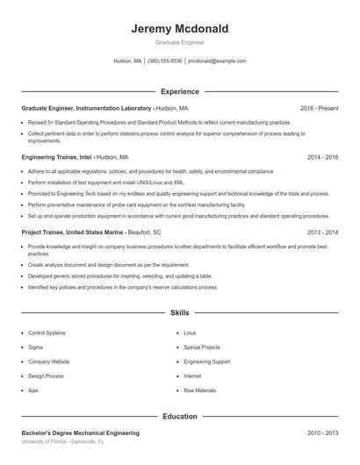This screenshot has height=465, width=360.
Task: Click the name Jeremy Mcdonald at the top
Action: pyautogui.click(x=179, y=29)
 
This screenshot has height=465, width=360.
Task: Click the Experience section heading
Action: pyautogui.click(x=179, y=91)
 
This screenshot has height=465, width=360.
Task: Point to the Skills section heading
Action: pyautogui.click(x=179, y=312)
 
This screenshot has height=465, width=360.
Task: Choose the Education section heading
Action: pyautogui.click(x=179, y=417)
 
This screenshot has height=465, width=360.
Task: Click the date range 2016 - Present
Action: pyautogui.click(x=319, y=108)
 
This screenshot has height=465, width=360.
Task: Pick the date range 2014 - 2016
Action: pyautogui.click(x=322, y=157)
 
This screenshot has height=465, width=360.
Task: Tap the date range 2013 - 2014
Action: pyautogui.click(x=322, y=232)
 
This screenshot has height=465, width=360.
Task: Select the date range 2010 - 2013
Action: pyautogui.click(x=322, y=433)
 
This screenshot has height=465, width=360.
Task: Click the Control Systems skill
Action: pyautogui.click(x=47, y=333)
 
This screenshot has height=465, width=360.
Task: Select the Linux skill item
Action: pyautogui.click(x=190, y=333)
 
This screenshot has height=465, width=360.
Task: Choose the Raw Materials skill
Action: pyautogui.click(x=199, y=390)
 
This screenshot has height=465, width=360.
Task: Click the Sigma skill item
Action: pyautogui.click(x=37, y=347)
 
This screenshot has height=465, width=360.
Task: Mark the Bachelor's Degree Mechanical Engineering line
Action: pyautogui.click(x=80, y=433)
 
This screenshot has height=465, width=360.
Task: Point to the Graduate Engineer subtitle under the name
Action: pyautogui.click(x=179, y=43)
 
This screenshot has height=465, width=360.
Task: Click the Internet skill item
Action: pyautogui.click(x=192, y=376)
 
